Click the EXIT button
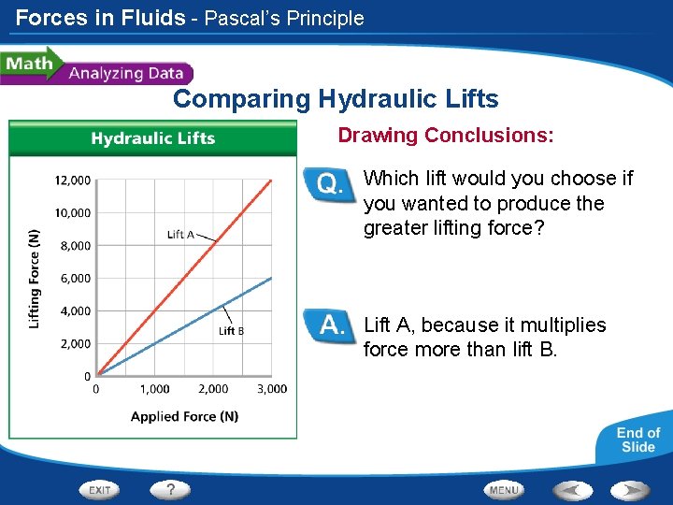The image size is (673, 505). (100, 490)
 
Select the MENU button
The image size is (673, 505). (504, 490)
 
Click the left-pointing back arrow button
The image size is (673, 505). (571, 490)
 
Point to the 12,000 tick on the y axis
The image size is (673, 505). (73, 180)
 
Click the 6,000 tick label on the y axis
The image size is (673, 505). (73, 279)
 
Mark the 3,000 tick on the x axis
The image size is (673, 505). (272, 389)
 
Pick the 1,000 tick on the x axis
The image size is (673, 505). (155, 389)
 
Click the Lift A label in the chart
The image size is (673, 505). (180, 235)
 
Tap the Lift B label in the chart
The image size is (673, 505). (232, 330)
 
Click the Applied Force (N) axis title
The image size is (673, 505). (184, 416)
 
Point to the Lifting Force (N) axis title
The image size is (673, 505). (35, 278)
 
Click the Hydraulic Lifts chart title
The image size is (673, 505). (152, 138)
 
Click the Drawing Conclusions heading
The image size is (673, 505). (446, 136)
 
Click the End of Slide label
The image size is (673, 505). (638, 440)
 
